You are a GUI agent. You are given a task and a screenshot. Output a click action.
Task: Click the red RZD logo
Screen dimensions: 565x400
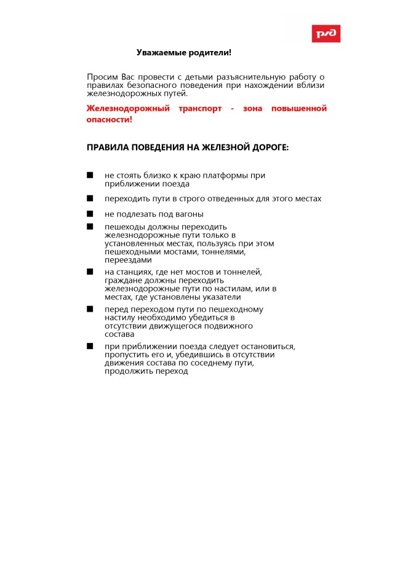pos(326,34)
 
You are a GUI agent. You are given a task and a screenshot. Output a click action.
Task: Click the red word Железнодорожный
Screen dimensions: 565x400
pos(127,109)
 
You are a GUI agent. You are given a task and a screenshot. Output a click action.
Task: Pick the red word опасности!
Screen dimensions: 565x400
pos(109,119)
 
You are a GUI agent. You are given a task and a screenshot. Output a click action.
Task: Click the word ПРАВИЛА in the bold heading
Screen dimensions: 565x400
pos(108,148)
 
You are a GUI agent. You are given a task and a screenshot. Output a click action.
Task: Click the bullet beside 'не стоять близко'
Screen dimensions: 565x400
pos(90,175)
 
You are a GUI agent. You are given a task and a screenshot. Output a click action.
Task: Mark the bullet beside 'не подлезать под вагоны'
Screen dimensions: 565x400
pos(90,214)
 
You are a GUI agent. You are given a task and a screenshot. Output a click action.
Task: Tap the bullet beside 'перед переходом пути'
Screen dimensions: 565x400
pos(90,309)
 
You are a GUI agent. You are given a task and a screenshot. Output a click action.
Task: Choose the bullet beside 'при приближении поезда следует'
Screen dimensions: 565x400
pos(90,346)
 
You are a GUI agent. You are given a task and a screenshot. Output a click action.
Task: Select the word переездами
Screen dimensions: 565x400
pos(124,260)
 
